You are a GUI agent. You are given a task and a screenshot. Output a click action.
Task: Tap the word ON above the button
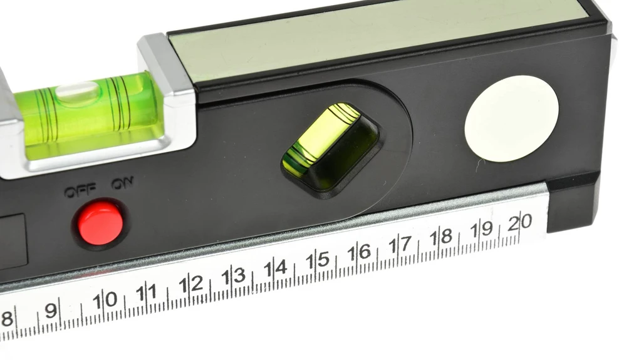[122, 183]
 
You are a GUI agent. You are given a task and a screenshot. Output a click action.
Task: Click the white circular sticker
[512, 118]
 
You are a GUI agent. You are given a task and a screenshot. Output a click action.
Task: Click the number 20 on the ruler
[520, 223]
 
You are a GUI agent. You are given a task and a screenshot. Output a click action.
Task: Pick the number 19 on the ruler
[482, 229]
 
